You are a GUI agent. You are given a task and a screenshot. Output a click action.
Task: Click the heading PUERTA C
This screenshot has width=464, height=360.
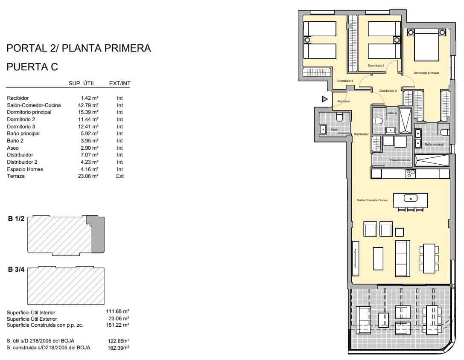coord(32,67)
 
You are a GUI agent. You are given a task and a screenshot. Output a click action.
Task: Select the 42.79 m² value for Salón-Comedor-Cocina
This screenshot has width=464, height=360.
coord(90,105)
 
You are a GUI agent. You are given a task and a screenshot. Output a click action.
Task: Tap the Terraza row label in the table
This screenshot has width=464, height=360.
coord(16,176)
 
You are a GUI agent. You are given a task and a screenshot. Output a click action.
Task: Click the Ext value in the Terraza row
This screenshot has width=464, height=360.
coord(120,176)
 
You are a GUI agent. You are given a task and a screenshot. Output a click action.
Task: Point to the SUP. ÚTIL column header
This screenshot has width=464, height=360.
coord(82,84)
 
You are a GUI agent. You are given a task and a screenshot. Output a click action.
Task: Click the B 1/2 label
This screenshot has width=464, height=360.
coord(16,219)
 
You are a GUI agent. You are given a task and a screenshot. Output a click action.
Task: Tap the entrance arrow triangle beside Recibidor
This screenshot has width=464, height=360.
coord(324,99)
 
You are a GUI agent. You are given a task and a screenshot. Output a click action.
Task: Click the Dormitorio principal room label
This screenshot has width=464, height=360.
coord(426,73)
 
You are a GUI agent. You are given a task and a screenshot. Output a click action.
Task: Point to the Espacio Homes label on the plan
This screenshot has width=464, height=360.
coord(400,160)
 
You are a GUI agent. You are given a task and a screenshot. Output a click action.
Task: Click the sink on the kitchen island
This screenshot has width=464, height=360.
coord(410,198)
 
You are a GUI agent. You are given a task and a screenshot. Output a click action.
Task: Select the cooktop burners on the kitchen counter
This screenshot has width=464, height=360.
coord(410,173)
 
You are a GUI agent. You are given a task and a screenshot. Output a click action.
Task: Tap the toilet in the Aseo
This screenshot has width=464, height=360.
coord(339,117)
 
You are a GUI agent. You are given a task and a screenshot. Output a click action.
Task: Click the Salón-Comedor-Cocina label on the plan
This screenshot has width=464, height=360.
coord(372,200)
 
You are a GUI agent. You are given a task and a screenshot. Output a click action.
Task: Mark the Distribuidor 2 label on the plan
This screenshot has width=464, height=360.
coord(388,90)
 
